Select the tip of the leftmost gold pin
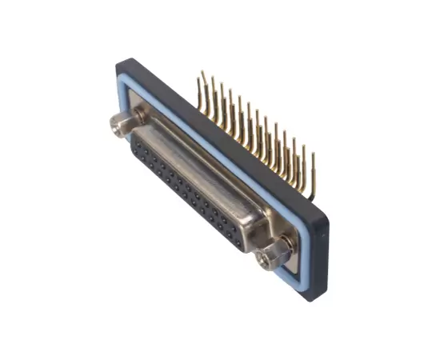pos(202,73)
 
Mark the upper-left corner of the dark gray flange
pos(120,61)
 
